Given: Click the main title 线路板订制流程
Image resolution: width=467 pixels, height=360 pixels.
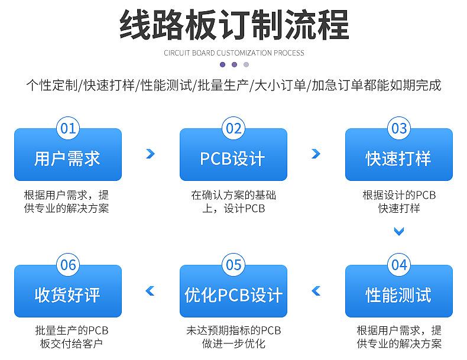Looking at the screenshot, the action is point(234,25).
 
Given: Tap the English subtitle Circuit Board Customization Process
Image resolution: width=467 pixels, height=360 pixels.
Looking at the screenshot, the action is point(234,53).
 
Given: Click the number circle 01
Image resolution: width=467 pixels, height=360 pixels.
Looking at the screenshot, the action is point(68,128).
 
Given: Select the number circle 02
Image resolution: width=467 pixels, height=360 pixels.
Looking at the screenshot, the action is point(234,128).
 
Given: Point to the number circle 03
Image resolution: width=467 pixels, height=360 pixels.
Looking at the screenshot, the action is point(399,128).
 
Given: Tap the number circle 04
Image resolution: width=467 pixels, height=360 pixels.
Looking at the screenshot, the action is point(399,264).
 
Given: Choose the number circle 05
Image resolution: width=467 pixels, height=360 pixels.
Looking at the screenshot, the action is point(234,264).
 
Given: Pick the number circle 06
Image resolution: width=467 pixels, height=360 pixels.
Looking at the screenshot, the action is point(68,264).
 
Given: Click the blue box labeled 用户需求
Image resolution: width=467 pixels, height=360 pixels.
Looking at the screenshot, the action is point(68,158).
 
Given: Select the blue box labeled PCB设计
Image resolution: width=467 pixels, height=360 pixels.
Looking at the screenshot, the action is point(234,158).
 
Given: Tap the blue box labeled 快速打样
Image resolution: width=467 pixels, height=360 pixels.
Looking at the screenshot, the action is point(399,158).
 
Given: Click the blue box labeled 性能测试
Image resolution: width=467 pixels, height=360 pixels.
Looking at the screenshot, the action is point(399,294).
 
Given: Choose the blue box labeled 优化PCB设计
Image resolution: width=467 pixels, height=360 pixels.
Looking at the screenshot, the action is point(234,294).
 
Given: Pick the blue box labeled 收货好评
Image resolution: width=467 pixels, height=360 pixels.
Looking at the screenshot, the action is point(68,294).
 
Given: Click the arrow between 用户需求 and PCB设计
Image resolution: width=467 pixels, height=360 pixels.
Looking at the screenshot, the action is point(150,154).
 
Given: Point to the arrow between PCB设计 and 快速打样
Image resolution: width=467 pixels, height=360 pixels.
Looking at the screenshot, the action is point(316,154).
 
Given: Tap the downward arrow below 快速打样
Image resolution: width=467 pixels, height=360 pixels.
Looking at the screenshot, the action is point(399,232).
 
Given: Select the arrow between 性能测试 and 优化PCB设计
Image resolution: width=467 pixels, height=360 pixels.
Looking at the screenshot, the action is point(316,290).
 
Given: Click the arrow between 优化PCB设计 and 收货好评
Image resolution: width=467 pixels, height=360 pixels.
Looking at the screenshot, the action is point(150,290).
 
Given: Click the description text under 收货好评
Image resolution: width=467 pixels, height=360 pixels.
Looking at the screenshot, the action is point(68,337).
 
